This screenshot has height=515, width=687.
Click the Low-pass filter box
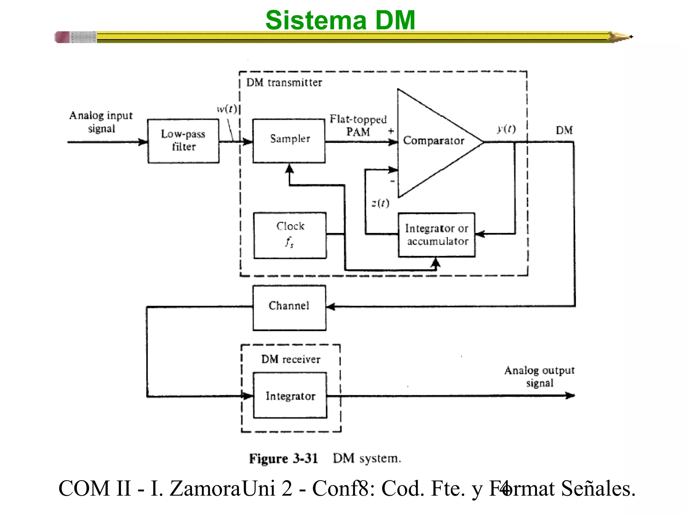[183, 141]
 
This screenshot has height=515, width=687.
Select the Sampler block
[289, 141]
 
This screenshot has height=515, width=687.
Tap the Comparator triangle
[433, 142]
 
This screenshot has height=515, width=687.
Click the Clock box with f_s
[290, 235]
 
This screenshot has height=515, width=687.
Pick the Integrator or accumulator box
[436, 235]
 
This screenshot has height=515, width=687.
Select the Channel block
[289, 307]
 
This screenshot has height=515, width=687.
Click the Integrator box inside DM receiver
[290, 395]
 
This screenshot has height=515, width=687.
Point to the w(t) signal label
[227, 109]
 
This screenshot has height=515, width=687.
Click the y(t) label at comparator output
[506, 129]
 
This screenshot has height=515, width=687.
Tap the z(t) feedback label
[380, 203]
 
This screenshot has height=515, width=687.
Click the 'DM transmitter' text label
[284, 82]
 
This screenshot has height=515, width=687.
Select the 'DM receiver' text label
[290, 359]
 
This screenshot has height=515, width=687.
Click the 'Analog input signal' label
[101, 122]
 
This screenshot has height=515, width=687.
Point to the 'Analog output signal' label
[539, 376]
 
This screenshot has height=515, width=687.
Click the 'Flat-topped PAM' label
[358, 125]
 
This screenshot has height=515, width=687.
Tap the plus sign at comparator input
[391, 131]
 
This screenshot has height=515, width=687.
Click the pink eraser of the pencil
[62, 37]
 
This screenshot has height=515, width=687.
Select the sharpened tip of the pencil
[622, 37]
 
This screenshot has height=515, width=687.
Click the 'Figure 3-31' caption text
[283, 458]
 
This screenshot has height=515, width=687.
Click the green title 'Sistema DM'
[340, 20]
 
